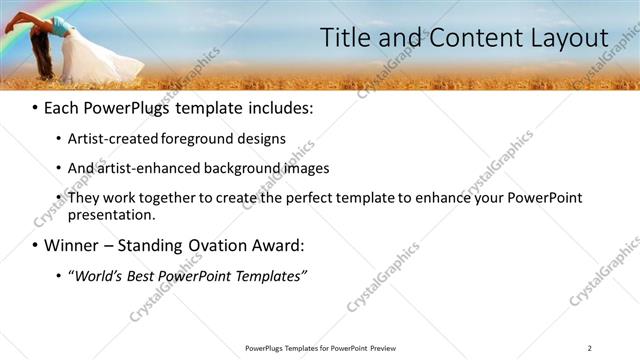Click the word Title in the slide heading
pos(344,38)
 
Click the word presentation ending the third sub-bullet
pos(111,214)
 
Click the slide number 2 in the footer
pos(589,348)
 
